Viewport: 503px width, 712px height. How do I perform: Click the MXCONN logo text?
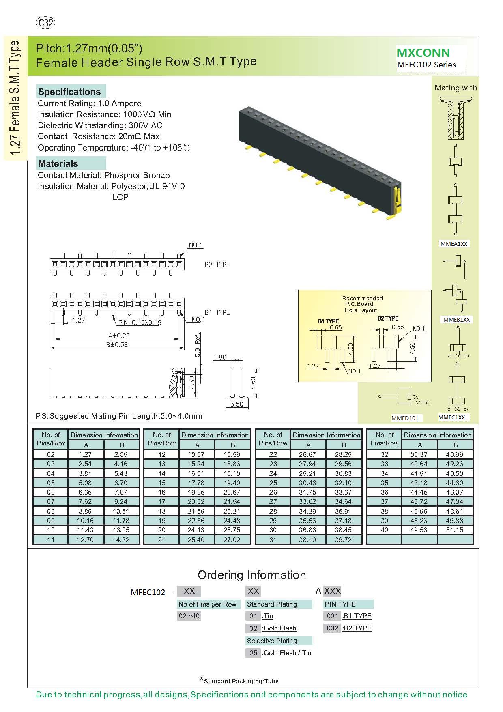(423, 53)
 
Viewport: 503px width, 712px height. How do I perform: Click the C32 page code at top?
(45, 23)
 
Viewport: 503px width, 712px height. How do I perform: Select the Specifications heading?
(69, 92)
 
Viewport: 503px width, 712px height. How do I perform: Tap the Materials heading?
(58, 163)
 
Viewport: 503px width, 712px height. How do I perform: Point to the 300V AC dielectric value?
(146, 125)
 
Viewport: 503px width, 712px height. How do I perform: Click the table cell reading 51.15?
(455, 530)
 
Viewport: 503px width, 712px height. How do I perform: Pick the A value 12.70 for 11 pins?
(85, 540)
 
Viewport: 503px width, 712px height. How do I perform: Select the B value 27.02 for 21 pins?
(232, 540)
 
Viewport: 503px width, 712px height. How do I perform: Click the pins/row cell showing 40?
(385, 530)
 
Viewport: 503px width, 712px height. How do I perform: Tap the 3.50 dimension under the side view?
(237, 404)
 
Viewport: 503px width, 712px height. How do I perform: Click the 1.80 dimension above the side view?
(219, 357)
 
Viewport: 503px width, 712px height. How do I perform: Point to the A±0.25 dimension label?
(119, 336)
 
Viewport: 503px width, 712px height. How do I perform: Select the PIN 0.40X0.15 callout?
(140, 323)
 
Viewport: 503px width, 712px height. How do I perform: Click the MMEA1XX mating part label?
(454, 244)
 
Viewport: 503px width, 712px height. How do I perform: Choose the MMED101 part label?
(405, 418)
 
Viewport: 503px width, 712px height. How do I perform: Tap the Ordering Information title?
(251, 575)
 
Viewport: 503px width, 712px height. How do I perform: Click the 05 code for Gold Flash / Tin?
(253, 653)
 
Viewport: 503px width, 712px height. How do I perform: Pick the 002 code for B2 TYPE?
(332, 628)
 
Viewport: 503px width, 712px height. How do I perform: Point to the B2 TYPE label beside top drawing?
(217, 265)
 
